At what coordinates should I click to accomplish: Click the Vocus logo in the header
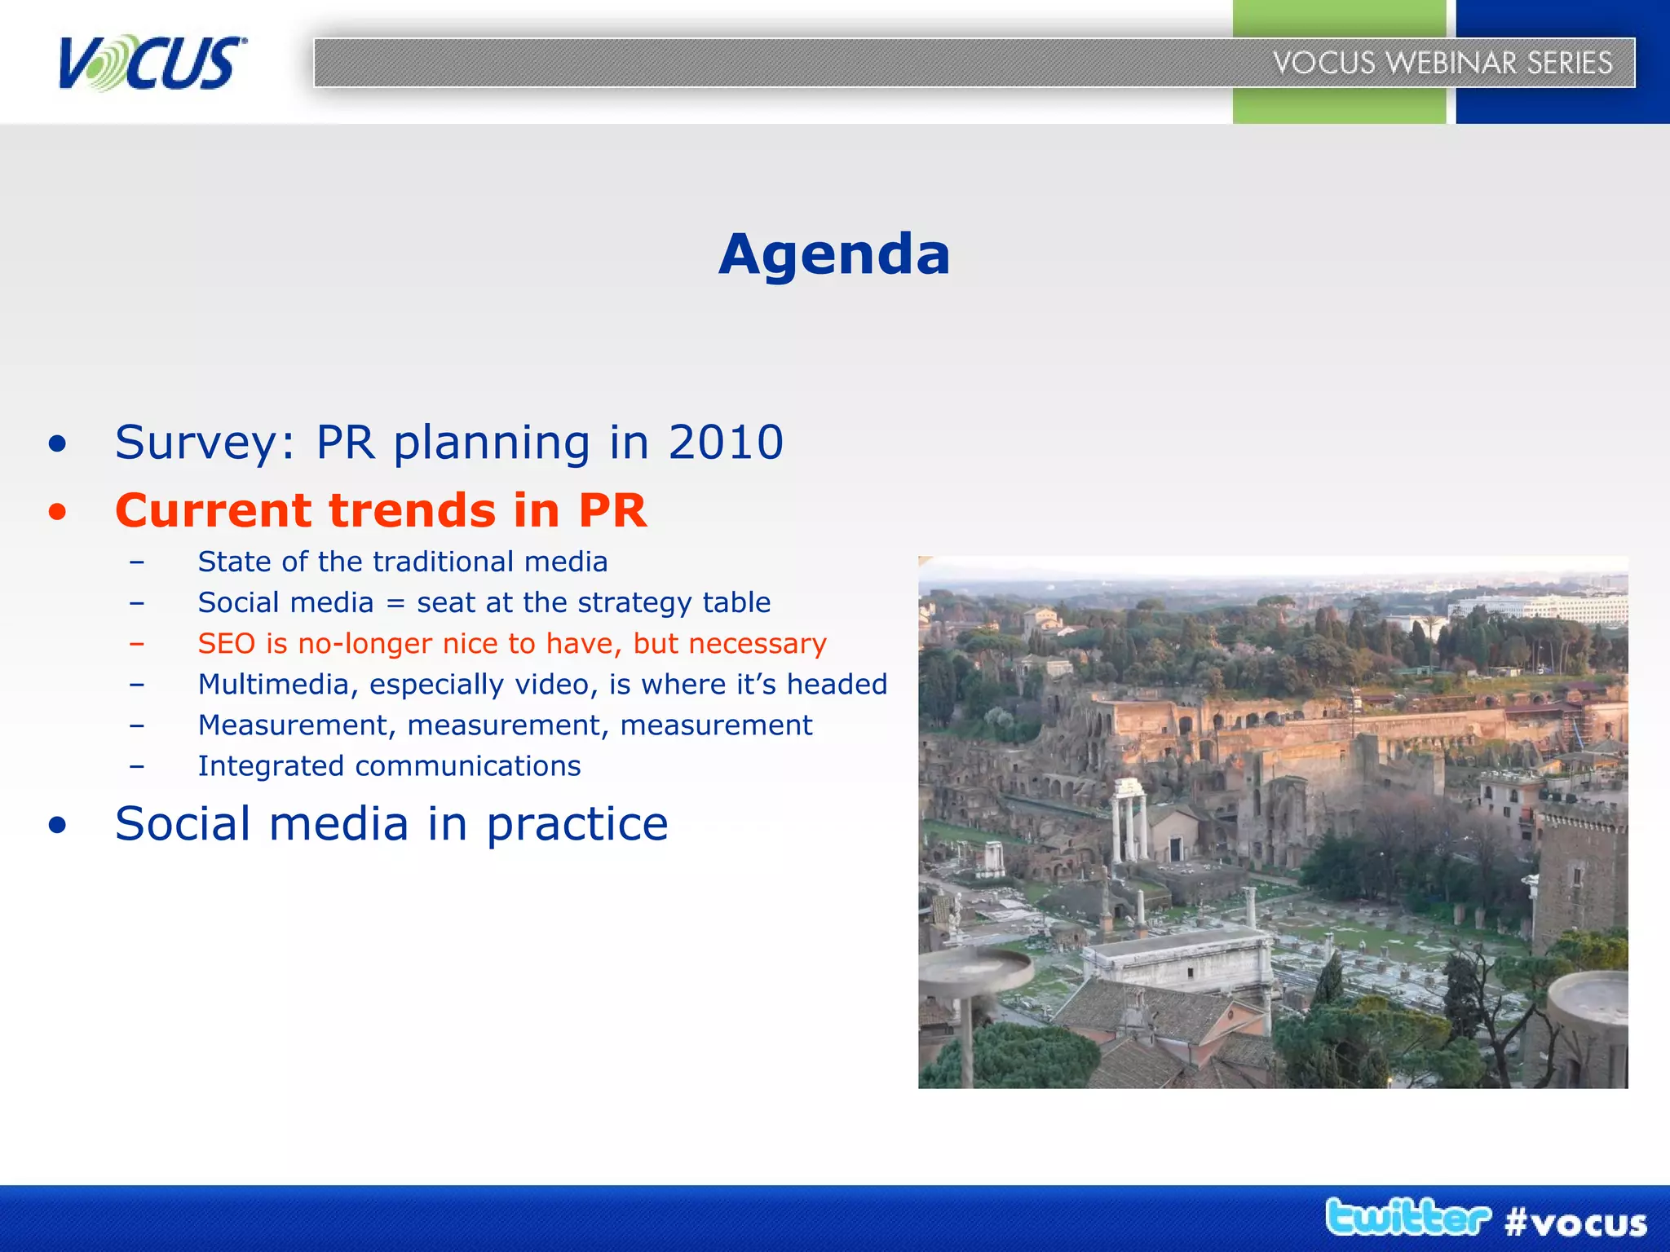point(151,62)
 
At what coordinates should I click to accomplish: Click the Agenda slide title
point(834,254)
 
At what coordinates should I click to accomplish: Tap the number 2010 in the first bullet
point(726,443)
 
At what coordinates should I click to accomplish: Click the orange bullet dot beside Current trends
point(57,512)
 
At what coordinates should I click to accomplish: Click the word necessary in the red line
point(757,645)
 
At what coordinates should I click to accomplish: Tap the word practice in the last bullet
point(577,824)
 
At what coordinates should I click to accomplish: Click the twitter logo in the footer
point(1407,1218)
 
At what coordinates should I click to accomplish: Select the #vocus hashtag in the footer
point(1575,1223)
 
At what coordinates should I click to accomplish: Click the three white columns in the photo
point(1129,819)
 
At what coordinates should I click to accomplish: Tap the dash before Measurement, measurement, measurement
point(137,725)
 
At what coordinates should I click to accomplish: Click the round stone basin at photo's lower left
point(976,970)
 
